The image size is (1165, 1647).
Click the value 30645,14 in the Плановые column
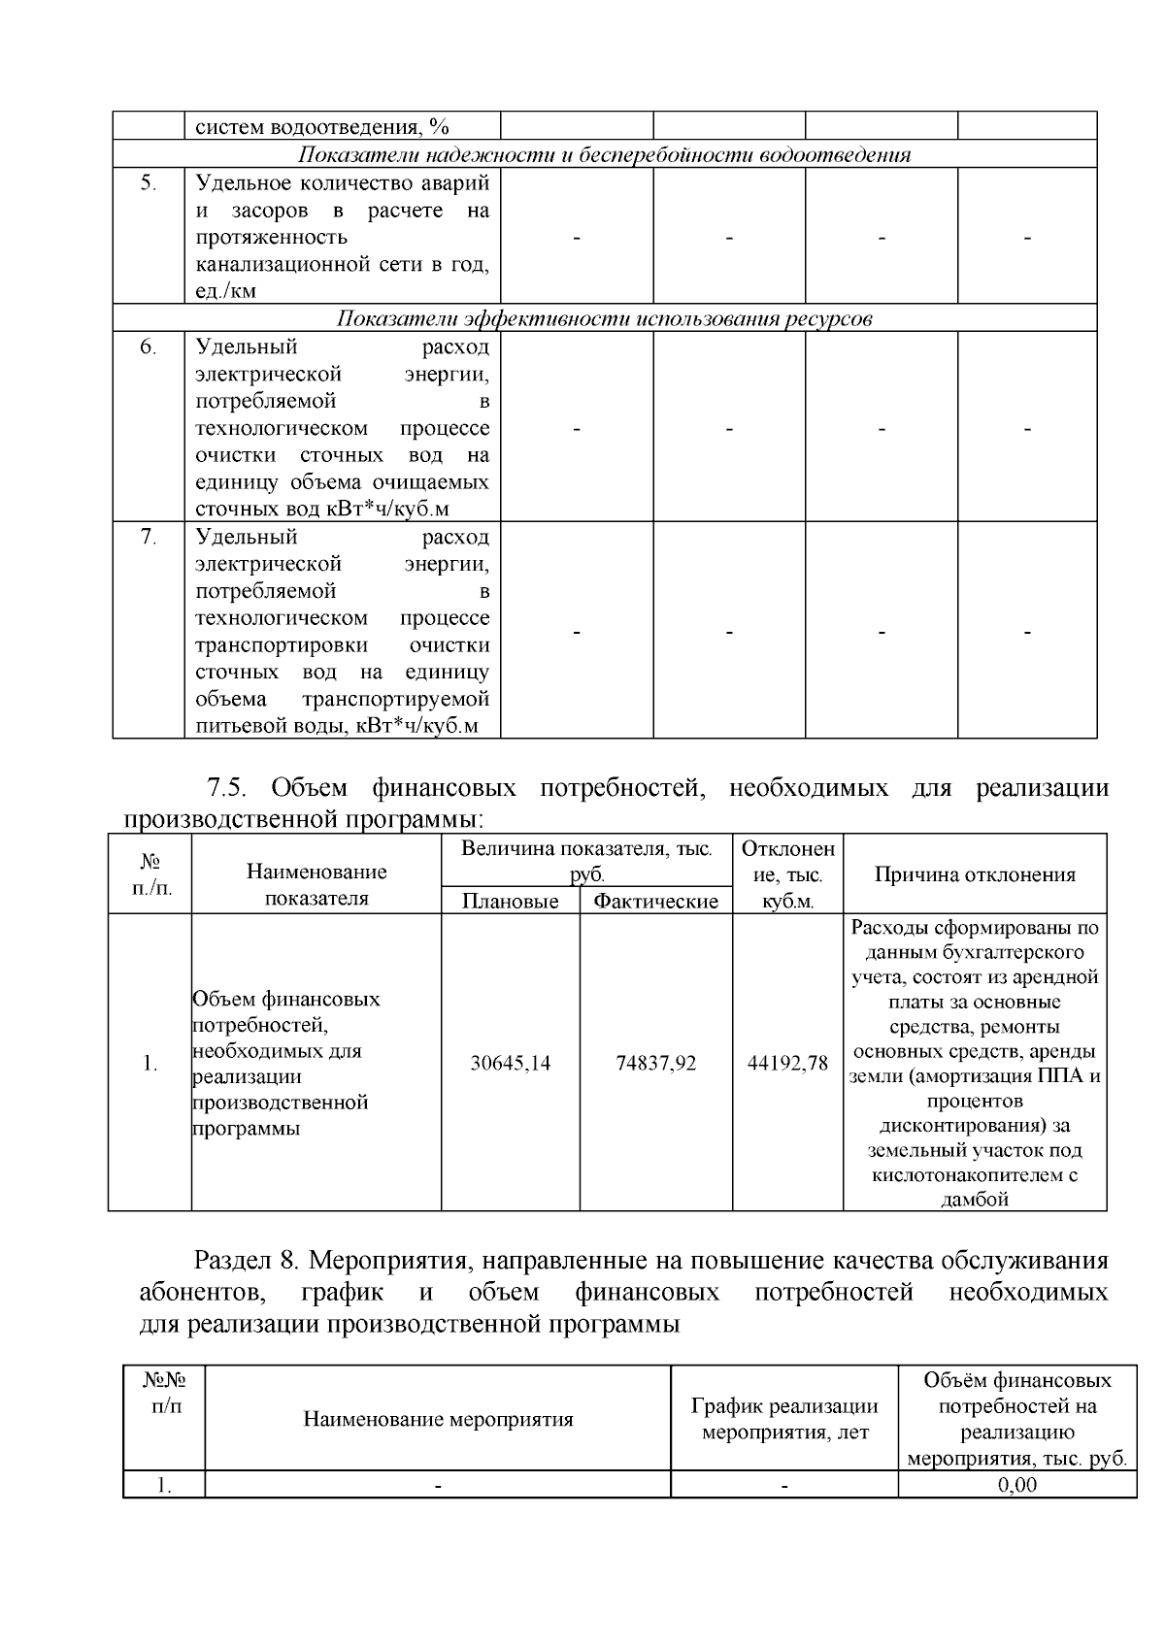click(x=510, y=1063)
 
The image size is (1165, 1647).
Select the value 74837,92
click(x=655, y=1063)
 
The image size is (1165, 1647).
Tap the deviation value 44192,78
click(x=787, y=1063)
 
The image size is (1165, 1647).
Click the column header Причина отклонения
click(x=975, y=874)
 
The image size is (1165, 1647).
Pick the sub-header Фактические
click(x=655, y=902)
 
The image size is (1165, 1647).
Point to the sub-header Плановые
click(x=510, y=902)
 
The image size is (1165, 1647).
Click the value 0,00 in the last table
click(x=1016, y=1485)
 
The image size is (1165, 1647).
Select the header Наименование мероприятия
click(x=438, y=1419)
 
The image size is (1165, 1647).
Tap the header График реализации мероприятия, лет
click(x=784, y=1419)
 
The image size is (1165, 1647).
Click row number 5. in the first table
click(x=149, y=183)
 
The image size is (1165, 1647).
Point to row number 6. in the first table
click(x=149, y=347)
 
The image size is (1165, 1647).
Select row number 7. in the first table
click(x=149, y=537)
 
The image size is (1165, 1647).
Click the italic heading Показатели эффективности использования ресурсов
click(x=604, y=318)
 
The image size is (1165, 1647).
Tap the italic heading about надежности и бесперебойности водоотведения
click(x=604, y=155)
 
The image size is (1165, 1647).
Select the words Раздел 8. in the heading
click(x=250, y=1261)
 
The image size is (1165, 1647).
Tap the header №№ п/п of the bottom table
click(x=164, y=1393)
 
